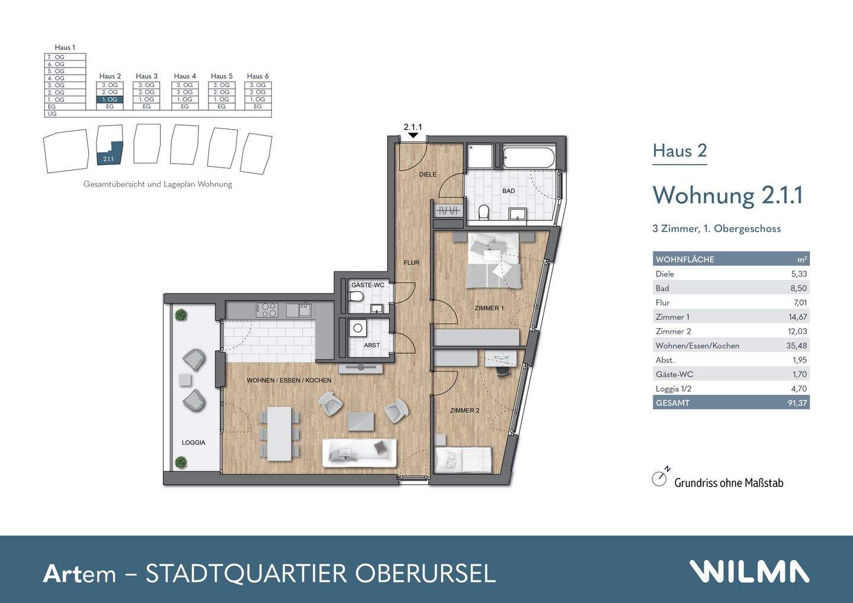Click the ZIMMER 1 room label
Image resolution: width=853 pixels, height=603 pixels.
point(489,308)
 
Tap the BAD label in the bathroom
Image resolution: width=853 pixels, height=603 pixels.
point(508,191)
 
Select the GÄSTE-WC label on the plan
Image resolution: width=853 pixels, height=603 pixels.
point(367,285)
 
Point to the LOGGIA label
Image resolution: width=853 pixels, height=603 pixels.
point(193,442)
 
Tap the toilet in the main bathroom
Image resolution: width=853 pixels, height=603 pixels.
point(483,212)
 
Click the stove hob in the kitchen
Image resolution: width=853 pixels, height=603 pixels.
point(267,309)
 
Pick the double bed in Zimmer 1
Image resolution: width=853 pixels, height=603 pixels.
point(494,260)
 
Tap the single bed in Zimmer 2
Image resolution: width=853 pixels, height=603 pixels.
point(463,459)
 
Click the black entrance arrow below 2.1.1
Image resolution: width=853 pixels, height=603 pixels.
point(413,136)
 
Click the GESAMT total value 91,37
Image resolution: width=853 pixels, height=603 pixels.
point(796,403)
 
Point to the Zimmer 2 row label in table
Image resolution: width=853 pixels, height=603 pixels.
point(673,331)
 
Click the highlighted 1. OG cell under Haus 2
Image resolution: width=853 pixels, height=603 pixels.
point(110,100)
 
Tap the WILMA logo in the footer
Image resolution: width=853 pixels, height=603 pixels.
point(749,572)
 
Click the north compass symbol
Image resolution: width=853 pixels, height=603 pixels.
point(660,478)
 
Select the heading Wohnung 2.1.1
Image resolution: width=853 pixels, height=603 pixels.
point(727,195)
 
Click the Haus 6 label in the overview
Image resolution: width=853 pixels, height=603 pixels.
point(258,76)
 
